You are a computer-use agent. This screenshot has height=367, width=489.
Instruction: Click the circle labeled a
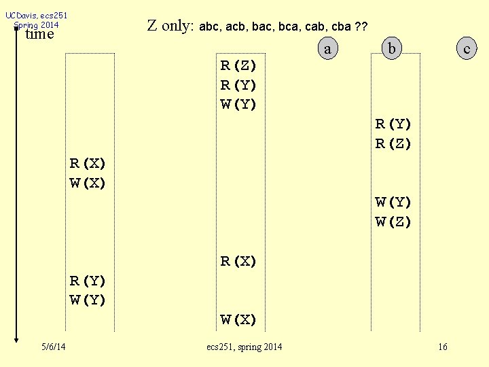[x=328, y=48]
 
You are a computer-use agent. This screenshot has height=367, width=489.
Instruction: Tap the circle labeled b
[x=392, y=48]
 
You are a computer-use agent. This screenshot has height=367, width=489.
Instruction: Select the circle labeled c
[x=466, y=48]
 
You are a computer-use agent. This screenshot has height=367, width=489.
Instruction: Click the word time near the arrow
[x=39, y=34]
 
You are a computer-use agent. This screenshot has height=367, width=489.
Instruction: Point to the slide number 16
[x=443, y=347]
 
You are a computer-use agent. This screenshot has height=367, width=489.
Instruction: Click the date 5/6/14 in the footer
[x=52, y=347]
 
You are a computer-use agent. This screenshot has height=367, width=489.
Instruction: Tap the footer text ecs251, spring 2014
[x=244, y=347]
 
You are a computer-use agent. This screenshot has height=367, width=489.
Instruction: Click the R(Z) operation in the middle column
[x=238, y=66]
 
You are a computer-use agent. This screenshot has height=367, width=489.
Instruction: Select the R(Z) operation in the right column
[x=394, y=143]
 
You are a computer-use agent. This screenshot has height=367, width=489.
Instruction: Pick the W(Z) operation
[x=394, y=222]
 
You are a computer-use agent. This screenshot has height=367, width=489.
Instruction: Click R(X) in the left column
[x=88, y=163]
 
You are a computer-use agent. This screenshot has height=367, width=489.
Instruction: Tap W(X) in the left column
[x=88, y=183]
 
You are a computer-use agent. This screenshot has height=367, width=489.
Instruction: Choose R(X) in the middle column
[x=238, y=261]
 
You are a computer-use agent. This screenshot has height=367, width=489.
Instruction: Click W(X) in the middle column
[x=238, y=319]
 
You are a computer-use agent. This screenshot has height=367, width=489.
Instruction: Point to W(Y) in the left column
[x=88, y=300]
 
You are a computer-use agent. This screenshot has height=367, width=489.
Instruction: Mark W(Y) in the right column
[x=394, y=202]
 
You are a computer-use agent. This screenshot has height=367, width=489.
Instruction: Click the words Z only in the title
[x=170, y=27]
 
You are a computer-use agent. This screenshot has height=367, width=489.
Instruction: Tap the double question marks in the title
[x=361, y=27]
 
